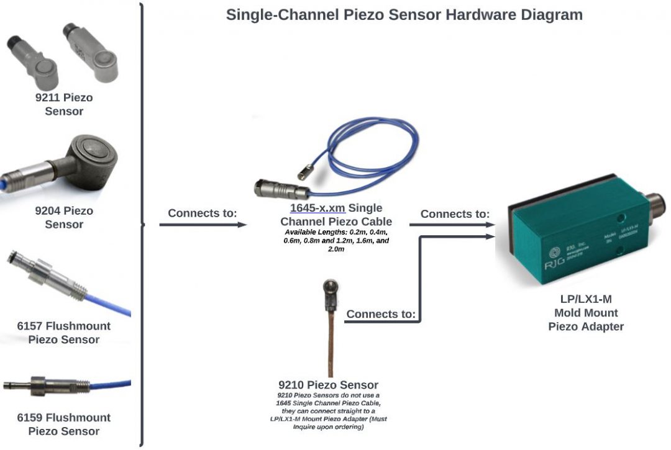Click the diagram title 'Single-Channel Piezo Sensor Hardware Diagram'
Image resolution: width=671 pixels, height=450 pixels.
(404, 15)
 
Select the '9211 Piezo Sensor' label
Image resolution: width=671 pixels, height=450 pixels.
(64, 104)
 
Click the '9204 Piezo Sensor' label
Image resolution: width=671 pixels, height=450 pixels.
(64, 217)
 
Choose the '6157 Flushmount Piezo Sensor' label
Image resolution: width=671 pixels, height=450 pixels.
(64, 333)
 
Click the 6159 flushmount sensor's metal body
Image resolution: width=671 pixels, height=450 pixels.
(43, 385)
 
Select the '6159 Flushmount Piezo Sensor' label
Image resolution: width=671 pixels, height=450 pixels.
(64, 424)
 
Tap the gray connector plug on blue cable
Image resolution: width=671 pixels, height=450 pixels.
(273, 187)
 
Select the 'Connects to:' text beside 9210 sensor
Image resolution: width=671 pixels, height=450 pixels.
(380, 314)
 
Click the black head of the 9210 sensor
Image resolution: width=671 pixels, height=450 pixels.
(329, 290)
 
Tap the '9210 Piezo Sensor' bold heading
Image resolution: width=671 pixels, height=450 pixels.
(328, 385)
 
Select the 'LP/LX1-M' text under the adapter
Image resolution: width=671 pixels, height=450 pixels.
(585, 299)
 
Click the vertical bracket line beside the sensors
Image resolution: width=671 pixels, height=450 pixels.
(142, 223)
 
